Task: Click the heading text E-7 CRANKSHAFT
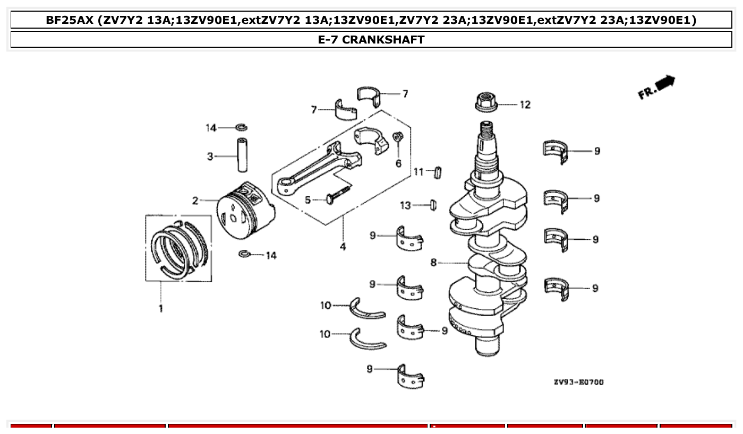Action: point(371,39)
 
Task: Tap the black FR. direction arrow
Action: point(664,83)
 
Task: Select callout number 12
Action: point(524,105)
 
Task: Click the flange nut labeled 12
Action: point(486,102)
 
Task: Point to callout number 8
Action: point(433,263)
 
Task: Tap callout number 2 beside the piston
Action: point(195,201)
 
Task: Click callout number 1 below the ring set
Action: point(160,308)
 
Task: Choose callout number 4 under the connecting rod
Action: point(343,247)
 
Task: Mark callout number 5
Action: point(308,201)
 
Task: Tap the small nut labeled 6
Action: point(397,138)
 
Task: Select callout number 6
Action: point(398,163)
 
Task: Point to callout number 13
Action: point(405,205)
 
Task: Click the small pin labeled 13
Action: point(432,204)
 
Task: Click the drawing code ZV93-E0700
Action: point(578,382)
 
